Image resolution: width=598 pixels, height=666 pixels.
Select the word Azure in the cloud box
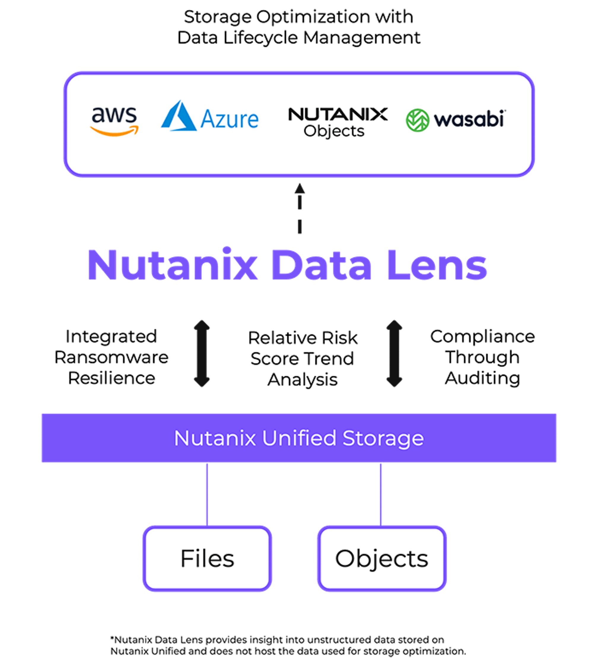click(229, 119)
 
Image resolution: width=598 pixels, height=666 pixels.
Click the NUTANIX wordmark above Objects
click(338, 114)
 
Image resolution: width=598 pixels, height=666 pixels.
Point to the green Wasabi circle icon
click(417, 120)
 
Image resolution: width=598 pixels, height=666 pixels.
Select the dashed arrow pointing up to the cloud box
click(300, 209)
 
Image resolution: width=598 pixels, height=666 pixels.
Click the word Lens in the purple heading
click(437, 265)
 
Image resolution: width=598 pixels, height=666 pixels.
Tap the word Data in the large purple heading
click(321, 265)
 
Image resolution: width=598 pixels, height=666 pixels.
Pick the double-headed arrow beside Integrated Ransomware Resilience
click(202, 354)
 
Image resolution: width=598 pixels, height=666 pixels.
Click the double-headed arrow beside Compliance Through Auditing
click(394, 354)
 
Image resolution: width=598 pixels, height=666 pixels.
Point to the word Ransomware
click(112, 357)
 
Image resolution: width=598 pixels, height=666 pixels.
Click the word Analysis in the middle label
click(302, 380)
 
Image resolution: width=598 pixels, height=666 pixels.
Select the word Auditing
click(482, 378)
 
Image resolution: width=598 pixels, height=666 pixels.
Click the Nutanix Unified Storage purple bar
click(299, 438)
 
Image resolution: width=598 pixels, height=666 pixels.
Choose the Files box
click(207, 558)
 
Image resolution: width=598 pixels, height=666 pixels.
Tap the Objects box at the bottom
click(382, 558)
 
